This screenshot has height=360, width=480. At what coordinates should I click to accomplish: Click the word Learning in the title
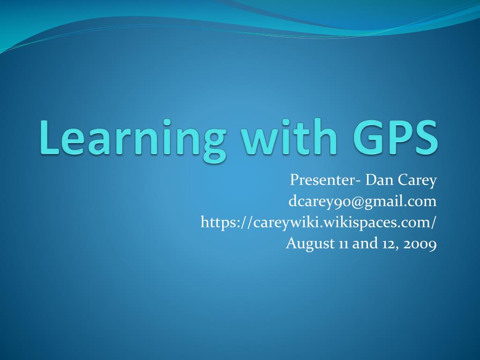tap(133, 140)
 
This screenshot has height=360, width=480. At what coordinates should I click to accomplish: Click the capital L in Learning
tap(49, 137)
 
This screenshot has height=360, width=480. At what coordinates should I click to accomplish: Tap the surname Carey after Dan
tap(417, 181)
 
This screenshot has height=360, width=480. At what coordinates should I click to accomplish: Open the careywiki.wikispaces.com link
tap(318, 223)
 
